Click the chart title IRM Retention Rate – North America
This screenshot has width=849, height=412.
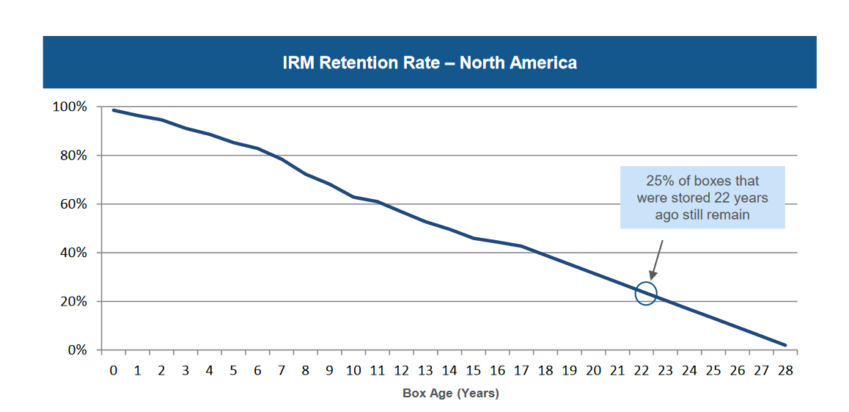point(430,63)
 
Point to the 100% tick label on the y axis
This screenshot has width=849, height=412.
point(70,107)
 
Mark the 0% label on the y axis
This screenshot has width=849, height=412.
point(76,350)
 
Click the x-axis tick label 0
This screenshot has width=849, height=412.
point(114,371)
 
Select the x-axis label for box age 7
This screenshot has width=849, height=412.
point(282,371)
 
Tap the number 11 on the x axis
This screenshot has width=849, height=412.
point(378,371)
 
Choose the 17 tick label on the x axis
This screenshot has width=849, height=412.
point(521,371)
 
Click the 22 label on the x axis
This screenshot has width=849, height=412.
point(642,371)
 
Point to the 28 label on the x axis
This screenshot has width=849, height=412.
point(785,371)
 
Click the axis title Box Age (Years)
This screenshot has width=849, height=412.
point(450,394)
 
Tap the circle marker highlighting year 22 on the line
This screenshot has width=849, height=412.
point(646,294)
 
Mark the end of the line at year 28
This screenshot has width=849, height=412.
point(785,345)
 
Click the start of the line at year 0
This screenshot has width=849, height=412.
point(114,110)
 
